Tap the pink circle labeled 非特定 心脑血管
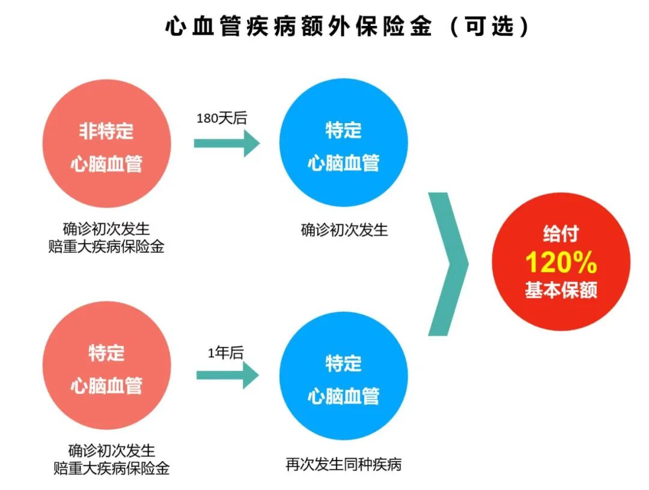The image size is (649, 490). tap(107, 144)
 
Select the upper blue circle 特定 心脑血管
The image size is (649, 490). tap(344, 144)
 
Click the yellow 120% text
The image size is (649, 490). tap(561, 262)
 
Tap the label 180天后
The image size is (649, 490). tap(222, 118)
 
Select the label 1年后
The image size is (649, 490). tap(225, 353)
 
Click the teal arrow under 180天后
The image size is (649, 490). tap(227, 144)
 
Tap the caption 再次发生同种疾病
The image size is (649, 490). tap(343, 465)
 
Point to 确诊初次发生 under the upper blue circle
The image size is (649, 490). tap(344, 229)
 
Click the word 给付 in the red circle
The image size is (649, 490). tap(560, 234)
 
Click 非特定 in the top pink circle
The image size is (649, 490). tap(106, 131)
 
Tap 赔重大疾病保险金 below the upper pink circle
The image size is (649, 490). tap(106, 246)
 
